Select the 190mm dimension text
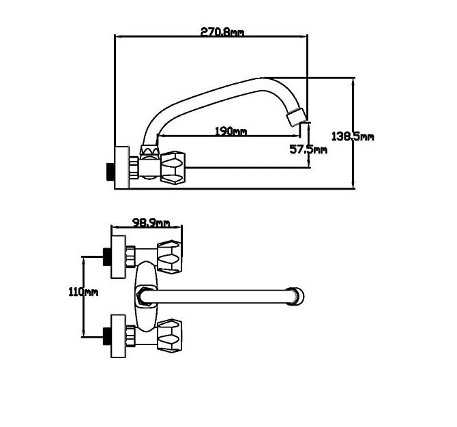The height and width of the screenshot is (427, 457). coord(231,131)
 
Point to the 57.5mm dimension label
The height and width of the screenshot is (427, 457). coord(308,149)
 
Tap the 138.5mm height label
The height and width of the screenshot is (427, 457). coord(353,136)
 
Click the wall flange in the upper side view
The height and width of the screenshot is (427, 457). coord(121,167)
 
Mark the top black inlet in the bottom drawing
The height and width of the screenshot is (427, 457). coord(106,256)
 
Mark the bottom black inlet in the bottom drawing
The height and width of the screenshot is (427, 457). coord(106,335)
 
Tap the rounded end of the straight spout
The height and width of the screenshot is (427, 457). coord(297,296)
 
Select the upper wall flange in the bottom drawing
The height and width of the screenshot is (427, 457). coord(119,256)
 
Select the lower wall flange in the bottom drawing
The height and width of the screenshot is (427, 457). coord(119,335)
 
